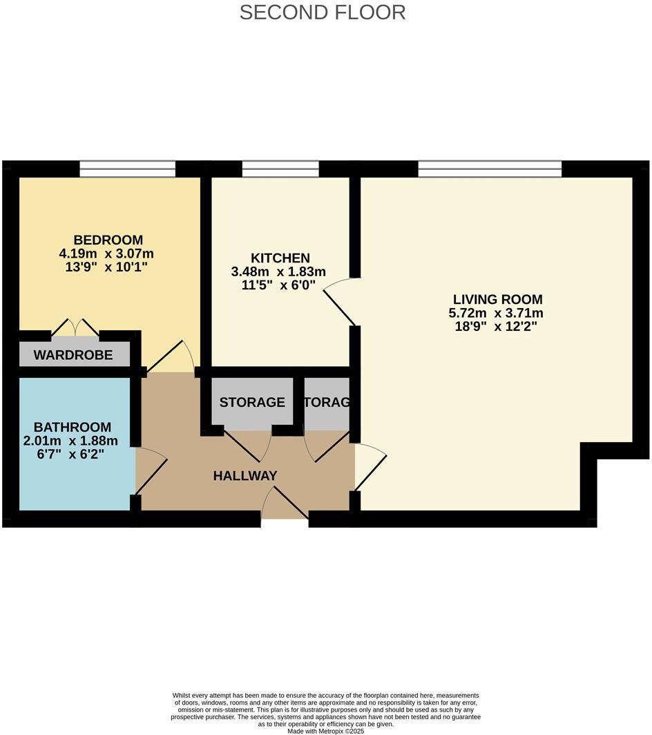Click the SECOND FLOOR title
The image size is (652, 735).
coord(323,12)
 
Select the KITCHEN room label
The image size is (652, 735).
coord(280,258)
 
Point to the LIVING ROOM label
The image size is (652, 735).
coord(497,299)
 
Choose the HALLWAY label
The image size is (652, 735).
coord(245,475)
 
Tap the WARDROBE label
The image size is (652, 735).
coord(73,356)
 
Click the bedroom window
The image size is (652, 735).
coord(128,169)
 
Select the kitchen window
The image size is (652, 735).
coord(280,169)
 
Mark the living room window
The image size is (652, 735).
coord(490,169)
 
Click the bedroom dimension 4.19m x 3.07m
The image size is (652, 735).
coord(106,253)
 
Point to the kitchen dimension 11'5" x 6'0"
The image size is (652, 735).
coord(278,283)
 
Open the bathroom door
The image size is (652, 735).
coord(151,470)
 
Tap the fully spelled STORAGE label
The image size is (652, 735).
coord(252,402)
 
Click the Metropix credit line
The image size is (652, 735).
coord(325,731)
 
